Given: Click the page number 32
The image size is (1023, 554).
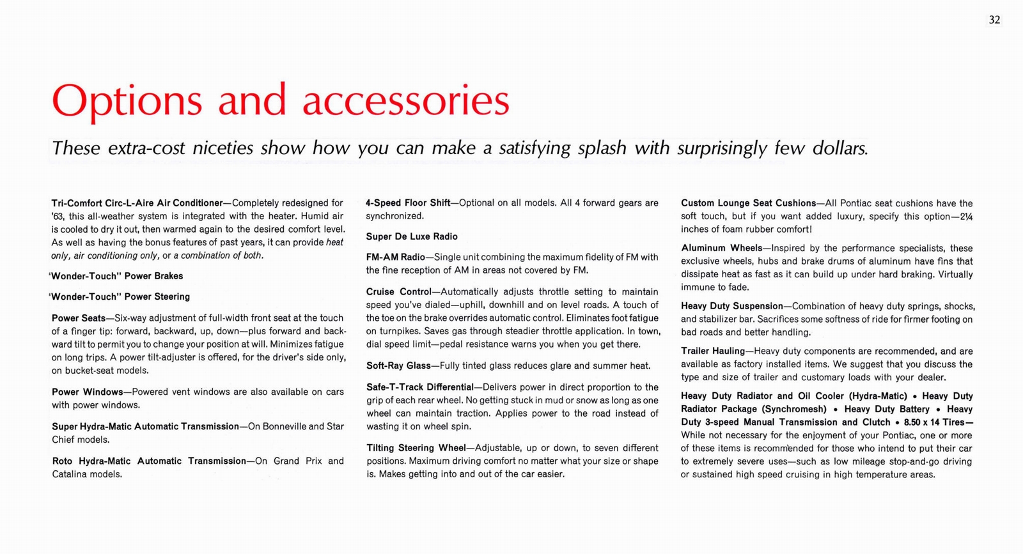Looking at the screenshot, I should [x=994, y=20].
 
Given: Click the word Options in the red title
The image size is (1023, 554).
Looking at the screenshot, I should [x=127, y=101].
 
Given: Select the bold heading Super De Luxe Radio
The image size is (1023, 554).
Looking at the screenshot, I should [x=412, y=236].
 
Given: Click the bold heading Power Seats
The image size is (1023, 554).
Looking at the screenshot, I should [x=78, y=318].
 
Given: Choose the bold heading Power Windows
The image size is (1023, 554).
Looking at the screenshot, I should [x=87, y=392].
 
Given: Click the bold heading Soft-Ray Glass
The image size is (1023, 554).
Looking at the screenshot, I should [x=398, y=365].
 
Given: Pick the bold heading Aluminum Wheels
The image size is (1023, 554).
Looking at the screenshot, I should [x=721, y=248].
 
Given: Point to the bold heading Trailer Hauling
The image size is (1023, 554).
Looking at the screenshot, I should [x=713, y=351].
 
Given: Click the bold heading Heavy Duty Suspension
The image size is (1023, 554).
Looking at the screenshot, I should [x=732, y=306].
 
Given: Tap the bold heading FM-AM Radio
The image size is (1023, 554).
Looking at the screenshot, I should [x=395, y=257].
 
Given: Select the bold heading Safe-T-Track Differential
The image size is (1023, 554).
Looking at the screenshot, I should [x=419, y=387].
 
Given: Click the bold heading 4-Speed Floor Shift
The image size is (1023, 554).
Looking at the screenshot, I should [x=408, y=203].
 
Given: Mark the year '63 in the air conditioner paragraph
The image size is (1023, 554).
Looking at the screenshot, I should [x=58, y=217].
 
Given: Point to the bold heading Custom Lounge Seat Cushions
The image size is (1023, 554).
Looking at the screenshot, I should [x=748, y=203].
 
